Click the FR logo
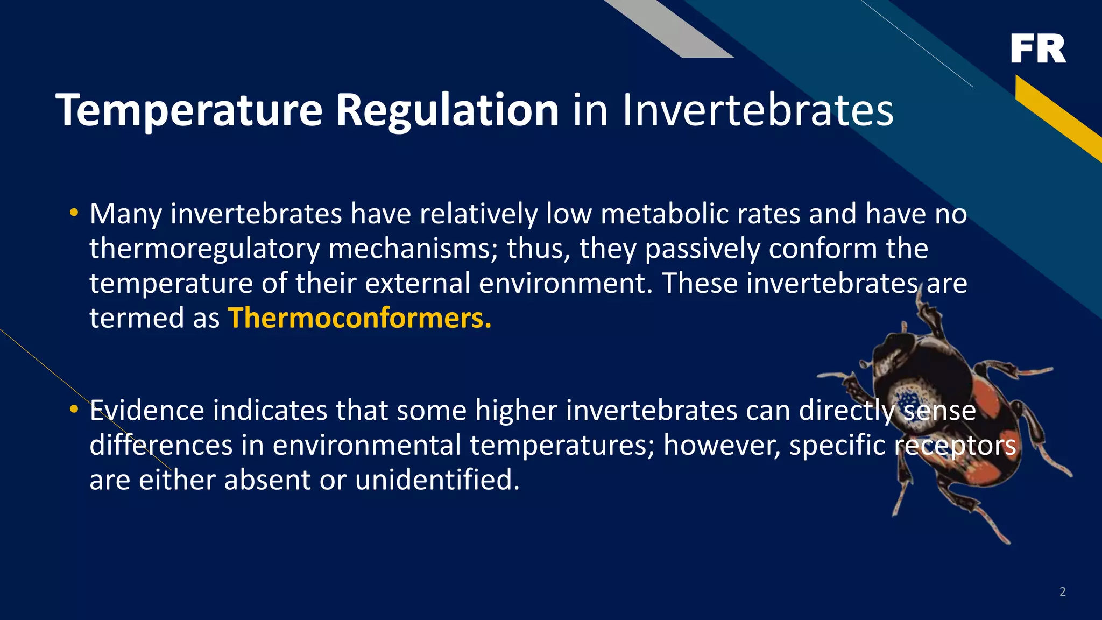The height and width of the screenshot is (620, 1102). coord(1037,48)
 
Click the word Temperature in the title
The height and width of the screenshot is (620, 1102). coord(189,110)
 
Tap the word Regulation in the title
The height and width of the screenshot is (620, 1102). coord(447,110)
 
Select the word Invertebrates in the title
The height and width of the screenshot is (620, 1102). coord(758,110)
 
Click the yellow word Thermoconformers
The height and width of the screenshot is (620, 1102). coord(359,318)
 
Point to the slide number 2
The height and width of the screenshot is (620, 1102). coord(1062,592)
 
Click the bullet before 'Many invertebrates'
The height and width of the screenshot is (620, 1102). coord(74,213)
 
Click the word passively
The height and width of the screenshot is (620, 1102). coord(702,249)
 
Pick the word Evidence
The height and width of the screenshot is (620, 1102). coord(146,411)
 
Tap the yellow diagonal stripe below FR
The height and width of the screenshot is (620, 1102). coord(1057,117)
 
